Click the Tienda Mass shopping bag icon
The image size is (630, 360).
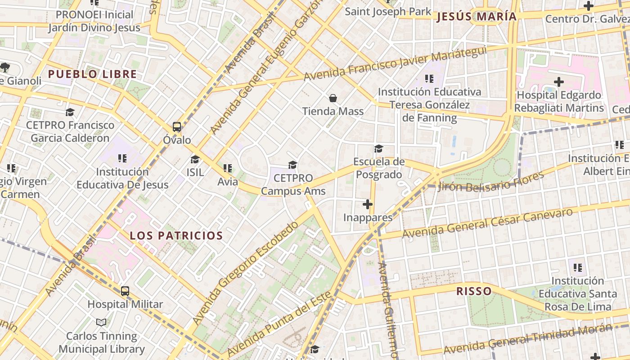(x=333, y=98)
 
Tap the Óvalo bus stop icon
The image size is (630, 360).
(x=177, y=127)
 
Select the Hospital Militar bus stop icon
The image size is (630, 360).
(x=125, y=291)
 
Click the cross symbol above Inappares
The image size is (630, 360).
(x=368, y=205)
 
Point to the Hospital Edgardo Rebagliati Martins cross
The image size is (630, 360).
(x=559, y=82)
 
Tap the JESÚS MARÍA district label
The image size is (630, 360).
(x=477, y=17)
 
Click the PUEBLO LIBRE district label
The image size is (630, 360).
(x=92, y=74)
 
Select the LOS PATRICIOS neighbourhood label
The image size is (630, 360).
(x=176, y=235)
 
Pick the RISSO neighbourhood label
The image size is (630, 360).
(x=474, y=291)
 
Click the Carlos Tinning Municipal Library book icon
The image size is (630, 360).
(x=102, y=323)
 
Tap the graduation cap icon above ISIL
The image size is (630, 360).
(x=195, y=159)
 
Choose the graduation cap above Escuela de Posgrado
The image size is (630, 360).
(x=379, y=148)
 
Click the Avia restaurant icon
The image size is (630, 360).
(x=228, y=169)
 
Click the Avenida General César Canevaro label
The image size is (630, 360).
(x=488, y=223)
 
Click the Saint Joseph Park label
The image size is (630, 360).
(x=388, y=11)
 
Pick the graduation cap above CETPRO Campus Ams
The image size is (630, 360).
(x=293, y=165)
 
